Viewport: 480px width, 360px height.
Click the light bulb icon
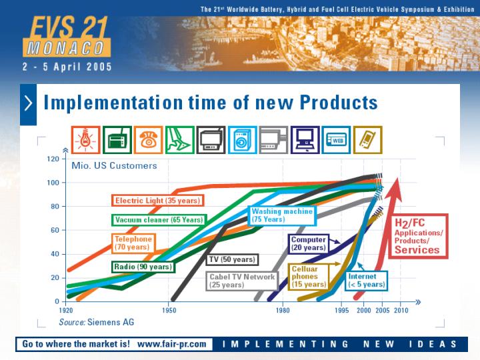[86, 140]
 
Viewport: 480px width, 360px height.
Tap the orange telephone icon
[148, 140]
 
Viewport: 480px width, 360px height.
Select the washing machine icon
[243, 140]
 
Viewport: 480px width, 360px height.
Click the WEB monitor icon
[336, 140]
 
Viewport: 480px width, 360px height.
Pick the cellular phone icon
[367, 140]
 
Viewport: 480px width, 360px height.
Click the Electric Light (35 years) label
[157, 201]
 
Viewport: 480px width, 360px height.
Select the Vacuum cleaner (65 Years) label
[159, 220]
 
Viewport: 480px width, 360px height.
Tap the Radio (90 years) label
[143, 267]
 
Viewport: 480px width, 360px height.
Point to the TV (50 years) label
[232, 259]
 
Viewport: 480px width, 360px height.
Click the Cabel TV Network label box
[242, 281]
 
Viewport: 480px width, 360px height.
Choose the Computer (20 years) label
[308, 244]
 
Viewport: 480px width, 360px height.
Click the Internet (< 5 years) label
[367, 281]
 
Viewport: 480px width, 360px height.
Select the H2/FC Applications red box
[418, 236]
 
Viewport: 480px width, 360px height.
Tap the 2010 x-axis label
[401, 310]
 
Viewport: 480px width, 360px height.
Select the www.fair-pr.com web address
[172, 344]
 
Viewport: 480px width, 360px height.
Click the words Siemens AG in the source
[111, 322]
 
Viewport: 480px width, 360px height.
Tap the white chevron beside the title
[28, 103]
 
